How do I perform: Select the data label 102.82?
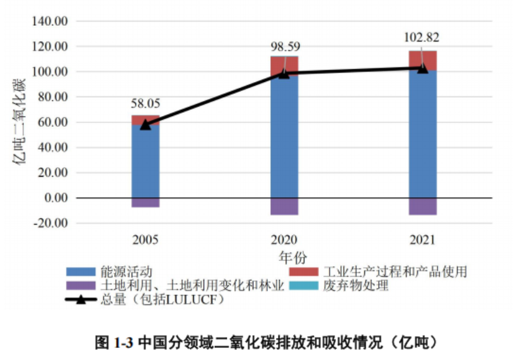[422, 37]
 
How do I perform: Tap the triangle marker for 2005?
[145, 124]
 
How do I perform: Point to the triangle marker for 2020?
[284, 73]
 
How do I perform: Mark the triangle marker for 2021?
[422, 67]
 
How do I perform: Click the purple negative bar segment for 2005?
[145, 202]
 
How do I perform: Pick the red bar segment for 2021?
[422, 58]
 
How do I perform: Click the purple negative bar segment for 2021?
[422, 206]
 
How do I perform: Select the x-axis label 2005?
[145, 240]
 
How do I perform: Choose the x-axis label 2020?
[284, 240]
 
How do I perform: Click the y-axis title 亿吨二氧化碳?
[20, 122]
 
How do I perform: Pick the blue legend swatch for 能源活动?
[81, 272]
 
